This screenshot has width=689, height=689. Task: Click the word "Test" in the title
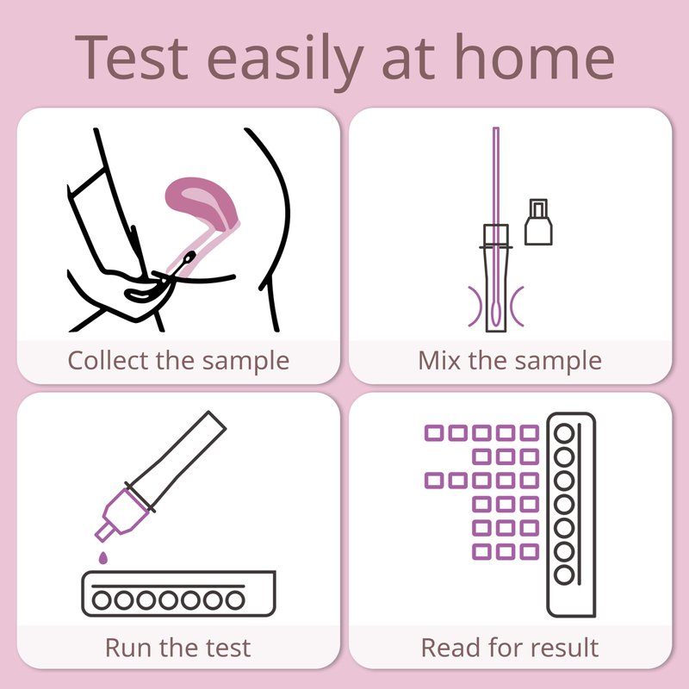pos(132,58)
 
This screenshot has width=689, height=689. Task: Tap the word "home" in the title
pos(534,56)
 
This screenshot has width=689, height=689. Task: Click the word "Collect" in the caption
pos(109,360)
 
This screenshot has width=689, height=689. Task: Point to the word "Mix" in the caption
pos(439,360)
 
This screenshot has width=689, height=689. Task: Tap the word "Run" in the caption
pos(127,648)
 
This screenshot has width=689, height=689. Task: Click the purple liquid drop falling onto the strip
pos(102,557)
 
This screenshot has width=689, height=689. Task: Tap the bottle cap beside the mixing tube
pos(538,222)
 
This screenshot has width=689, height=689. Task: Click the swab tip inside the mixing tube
pos(495,311)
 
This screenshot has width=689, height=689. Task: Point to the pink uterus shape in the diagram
pos(202,203)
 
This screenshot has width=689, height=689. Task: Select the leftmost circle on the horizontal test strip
pos(102,599)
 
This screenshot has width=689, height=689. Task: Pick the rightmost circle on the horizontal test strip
pos(235,599)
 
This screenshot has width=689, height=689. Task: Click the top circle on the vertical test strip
pos(564,434)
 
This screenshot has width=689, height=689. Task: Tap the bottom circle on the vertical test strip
pos(564,575)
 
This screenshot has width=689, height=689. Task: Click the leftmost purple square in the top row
pos(434,433)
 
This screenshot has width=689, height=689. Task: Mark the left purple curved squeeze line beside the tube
pos(476,307)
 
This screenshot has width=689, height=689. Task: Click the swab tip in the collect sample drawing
pos(189,258)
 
